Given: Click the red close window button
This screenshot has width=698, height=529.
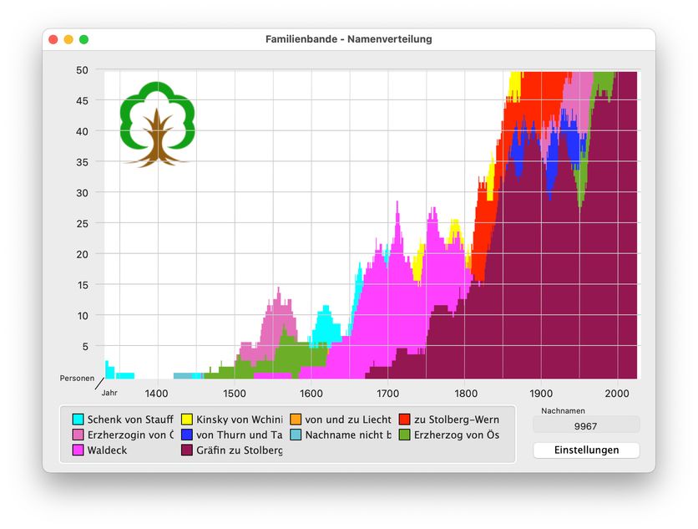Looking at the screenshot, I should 53,39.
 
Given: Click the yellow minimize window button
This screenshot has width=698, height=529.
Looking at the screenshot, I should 68,39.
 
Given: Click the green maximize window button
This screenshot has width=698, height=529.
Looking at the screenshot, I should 83,39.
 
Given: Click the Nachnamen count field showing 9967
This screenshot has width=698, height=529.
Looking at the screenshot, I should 586,425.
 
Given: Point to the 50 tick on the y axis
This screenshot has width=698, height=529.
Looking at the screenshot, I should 83,70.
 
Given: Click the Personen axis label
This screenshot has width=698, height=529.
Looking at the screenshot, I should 77,379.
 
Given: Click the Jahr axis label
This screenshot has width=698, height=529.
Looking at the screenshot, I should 109,392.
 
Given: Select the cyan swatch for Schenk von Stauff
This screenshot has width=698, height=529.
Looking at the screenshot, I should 78,419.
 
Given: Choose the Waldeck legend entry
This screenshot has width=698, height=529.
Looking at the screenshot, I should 107,450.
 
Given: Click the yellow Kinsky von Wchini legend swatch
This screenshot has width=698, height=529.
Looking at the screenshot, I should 187,419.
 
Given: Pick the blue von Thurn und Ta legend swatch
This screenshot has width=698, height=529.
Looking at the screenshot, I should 187,435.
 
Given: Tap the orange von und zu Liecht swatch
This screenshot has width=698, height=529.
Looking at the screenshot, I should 296,419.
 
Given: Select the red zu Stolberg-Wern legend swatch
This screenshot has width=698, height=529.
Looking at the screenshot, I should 405,419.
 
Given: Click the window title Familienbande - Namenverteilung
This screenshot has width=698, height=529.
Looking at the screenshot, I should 348,39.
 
